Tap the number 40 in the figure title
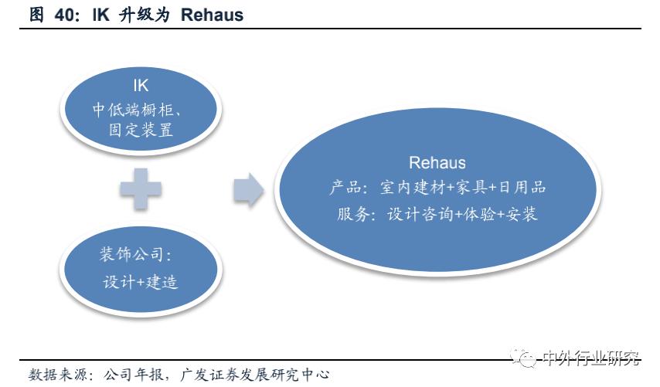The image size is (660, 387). coord(63,15)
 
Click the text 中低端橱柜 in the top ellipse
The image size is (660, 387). coord(133,109)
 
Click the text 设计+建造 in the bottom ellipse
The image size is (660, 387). coord(141,281)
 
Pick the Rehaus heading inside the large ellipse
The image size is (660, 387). coord(437,162)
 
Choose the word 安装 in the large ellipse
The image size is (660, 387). coord(522,214)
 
